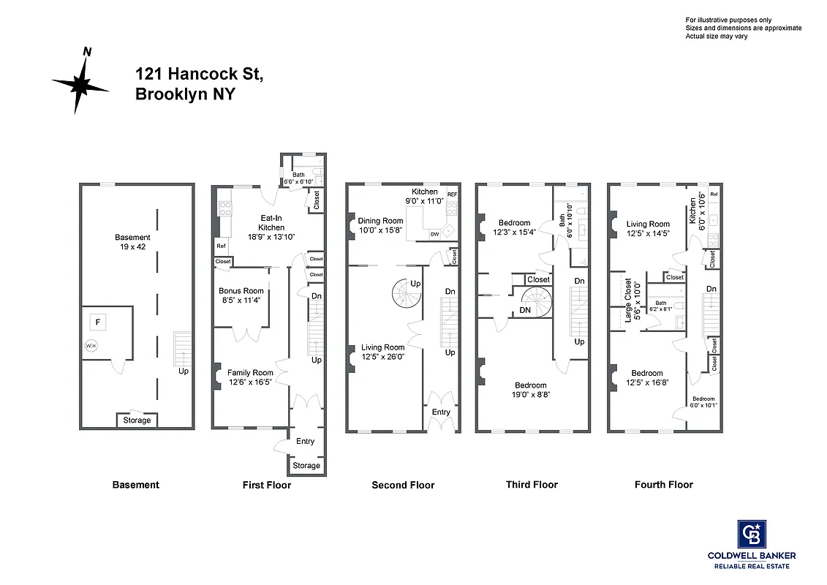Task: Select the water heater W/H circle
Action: (91, 347)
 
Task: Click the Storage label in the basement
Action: (137, 420)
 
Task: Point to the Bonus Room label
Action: (241, 291)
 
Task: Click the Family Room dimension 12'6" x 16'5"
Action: (249, 382)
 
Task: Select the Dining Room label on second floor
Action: (380, 221)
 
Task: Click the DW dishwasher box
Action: (434, 234)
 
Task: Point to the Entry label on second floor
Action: (441, 412)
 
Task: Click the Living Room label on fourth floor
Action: (648, 224)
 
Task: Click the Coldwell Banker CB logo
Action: (750, 534)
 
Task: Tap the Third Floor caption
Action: (532, 484)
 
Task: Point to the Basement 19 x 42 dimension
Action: (132, 246)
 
